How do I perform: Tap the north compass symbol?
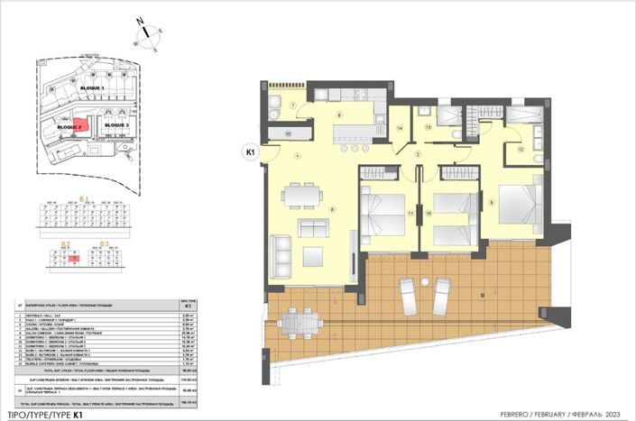(x=145, y=37)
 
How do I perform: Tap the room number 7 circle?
(x=293, y=105)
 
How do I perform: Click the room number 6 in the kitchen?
(x=340, y=115)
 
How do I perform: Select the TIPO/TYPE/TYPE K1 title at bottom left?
(x=44, y=413)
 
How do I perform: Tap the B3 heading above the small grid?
(x=103, y=243)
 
